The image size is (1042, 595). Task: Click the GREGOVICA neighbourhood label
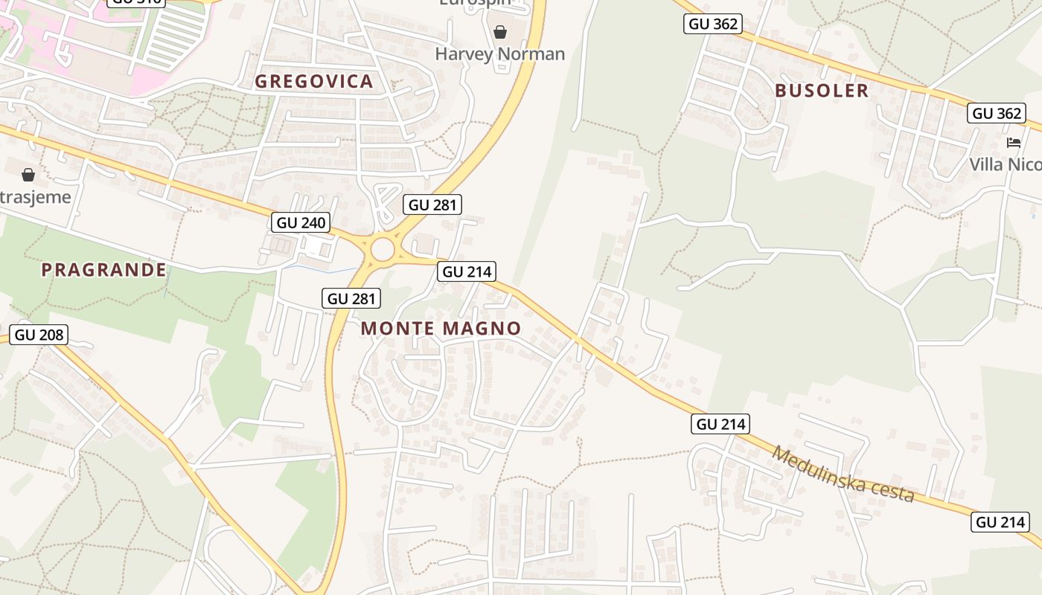(x=314, y=82)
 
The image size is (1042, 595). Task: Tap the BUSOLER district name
(x=822, y=91)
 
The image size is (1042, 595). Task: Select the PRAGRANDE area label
(x=103, y=270)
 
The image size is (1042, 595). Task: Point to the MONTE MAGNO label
(x=441, y=328)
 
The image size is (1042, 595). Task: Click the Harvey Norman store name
(x=500, y=54)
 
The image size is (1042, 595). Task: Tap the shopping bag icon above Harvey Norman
(x=500, y=32)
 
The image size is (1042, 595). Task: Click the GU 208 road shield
(x=39, y=335)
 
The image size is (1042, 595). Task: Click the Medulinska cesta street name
(x=843, y=474)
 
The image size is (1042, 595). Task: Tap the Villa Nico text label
(x=1005, y=164)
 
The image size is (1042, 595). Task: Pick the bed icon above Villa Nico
(x=1014, y=143)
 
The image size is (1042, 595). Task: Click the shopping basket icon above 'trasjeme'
(x=28, y=175)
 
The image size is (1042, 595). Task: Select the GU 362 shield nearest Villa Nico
(x=997, y=114)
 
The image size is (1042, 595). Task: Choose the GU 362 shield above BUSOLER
(x=713, y=24)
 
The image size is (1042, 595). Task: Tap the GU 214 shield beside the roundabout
(x=467, y=271)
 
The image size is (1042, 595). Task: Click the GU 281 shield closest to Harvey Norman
(x=432, y=205)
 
